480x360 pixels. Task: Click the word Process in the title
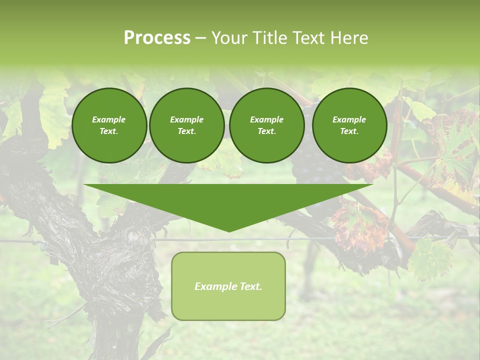point(157,38)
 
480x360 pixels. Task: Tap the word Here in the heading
point(349,38)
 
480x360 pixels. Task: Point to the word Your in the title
point(229,38)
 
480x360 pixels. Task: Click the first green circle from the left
point(109,125)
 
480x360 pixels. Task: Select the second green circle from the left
point(186,125)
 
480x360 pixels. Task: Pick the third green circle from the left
point(266,125)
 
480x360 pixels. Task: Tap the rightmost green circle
point(349,125)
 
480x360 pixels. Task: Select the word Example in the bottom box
point(214,286)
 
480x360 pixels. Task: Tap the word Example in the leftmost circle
point(109,119)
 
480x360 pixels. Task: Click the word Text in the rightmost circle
point(349,131)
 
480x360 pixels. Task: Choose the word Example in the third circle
point(266,119)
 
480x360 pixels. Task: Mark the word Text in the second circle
point(186,131)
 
